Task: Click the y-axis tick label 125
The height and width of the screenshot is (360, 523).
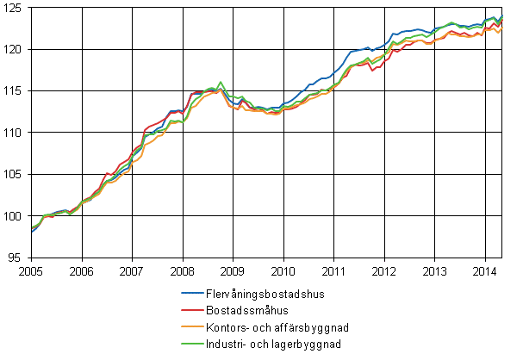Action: pyautogui.click(x=14, y=7)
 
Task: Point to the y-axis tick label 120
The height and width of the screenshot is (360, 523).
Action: pyautogui.click(x=14, y=49)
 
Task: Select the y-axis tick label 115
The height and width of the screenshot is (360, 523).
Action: pyautogui.click(x=14, y=90)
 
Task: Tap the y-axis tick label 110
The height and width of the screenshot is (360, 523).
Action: pyautogui.click(x=14, y=133)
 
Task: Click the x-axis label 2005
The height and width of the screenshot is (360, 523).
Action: pyautogui.click(x=31, y=270)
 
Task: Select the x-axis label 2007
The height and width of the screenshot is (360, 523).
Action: pyautogui.click(x=132, y=270)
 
